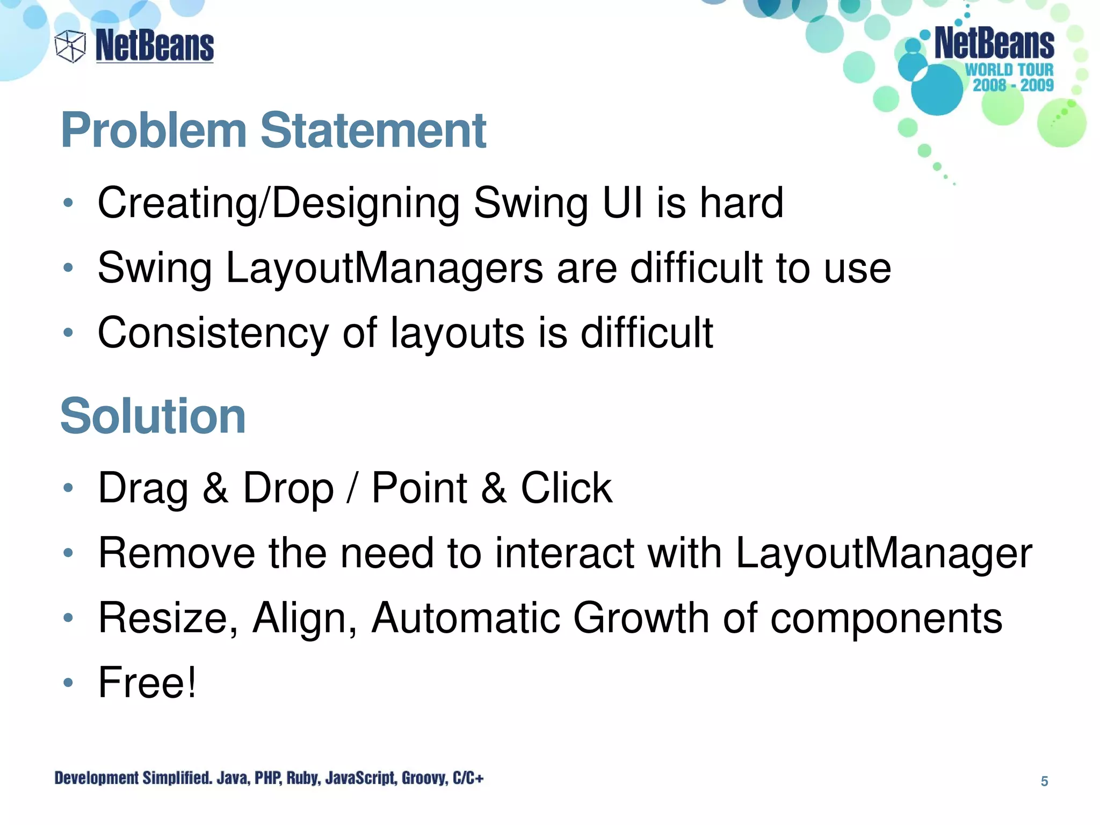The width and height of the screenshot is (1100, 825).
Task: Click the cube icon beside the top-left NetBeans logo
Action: (x=70, y=46)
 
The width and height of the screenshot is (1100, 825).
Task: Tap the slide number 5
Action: (x=1044, y=781)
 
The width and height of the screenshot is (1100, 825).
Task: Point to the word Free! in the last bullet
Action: (x=147, y=682)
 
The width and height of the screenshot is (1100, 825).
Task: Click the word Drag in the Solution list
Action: (x=143, y=488)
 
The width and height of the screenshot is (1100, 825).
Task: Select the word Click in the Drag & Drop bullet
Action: (x=566, y=488)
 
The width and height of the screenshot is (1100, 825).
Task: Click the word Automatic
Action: (x=466, y=618)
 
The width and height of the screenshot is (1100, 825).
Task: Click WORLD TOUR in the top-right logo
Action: (x=1009, y=70)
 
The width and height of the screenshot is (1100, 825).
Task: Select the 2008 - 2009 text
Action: (x=1013, y=85)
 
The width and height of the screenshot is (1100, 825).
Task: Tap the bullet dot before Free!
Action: (x=68, y=683)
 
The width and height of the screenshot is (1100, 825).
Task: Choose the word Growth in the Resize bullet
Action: (x=641, y=618)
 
